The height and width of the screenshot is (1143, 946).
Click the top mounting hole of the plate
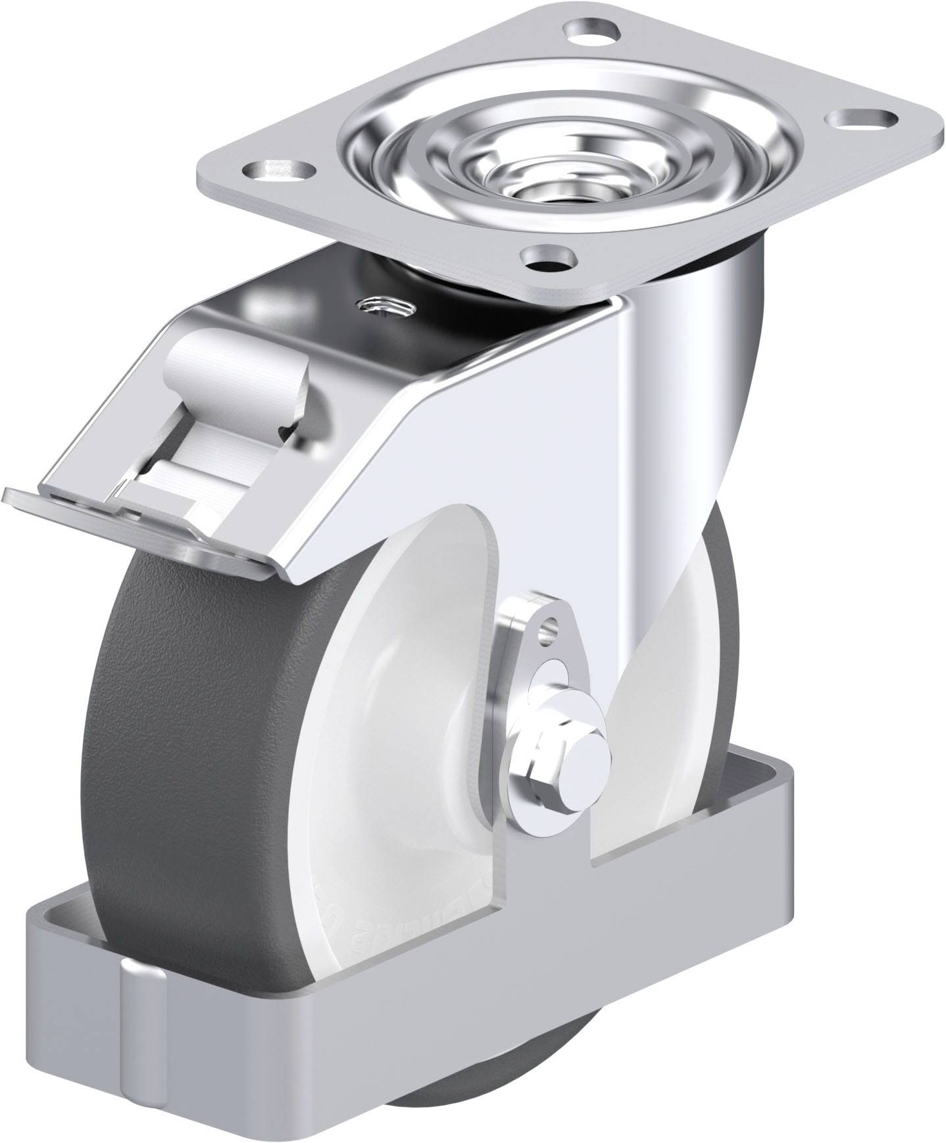coord(591,30)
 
